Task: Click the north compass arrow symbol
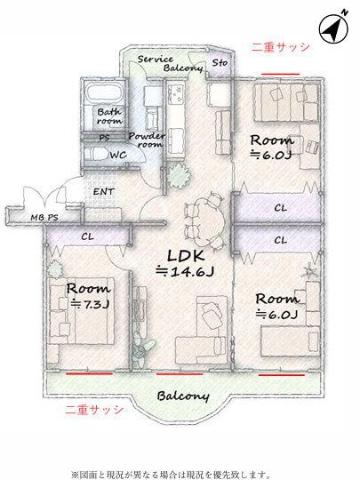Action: point(333,29)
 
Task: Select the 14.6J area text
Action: point(185,271)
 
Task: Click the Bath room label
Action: point(109,116)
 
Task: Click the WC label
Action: point(118,155)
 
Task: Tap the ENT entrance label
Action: point(103,192)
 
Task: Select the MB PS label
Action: point(44,218)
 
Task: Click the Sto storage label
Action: point(220,63)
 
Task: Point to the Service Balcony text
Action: point(170,63)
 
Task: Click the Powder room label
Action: point(147,140)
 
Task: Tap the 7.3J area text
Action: point(90,304)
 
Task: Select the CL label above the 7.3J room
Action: point(87,236)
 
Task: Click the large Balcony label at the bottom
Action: point(183,396)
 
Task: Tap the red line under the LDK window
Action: point(180,373)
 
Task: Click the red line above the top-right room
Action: point(280,74)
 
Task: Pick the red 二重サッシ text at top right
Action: point(280,47)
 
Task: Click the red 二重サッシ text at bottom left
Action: point(94,410)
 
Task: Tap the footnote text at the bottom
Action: point(171,475)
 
